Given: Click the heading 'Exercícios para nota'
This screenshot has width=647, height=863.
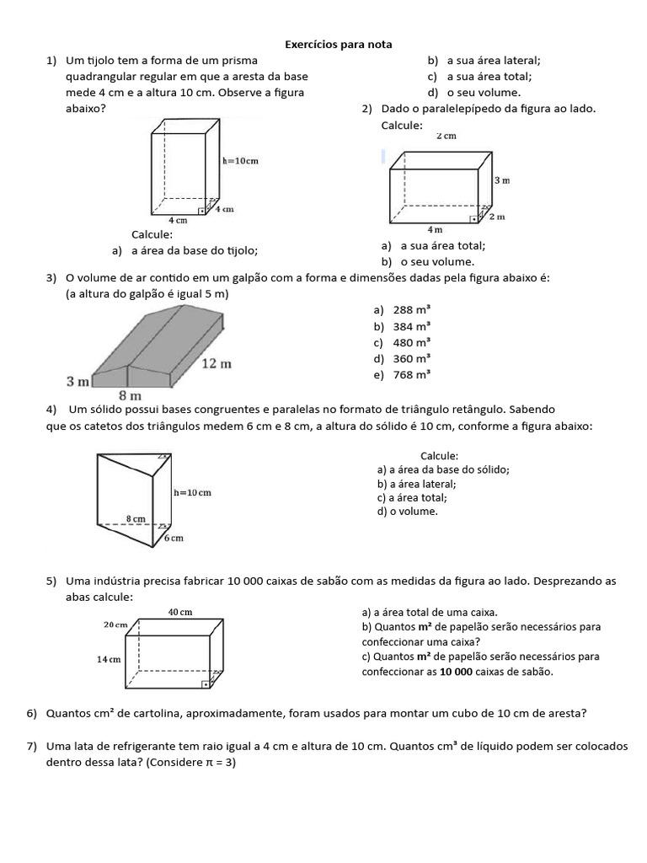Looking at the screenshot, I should click(x=338, y=44).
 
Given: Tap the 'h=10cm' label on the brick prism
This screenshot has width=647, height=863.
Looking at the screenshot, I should click(x=240, y=160).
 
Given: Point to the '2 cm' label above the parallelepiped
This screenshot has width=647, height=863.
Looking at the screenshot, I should click(x=446, y=136).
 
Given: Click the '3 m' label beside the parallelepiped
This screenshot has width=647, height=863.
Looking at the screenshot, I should click(x=502, y=180).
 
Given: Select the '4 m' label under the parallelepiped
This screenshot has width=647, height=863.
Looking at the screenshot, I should click(x=436, y=229).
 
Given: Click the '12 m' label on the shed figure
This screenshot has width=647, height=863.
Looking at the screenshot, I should click(x=217, y=363).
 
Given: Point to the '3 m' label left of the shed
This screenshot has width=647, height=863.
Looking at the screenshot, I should click(x=78, y=382).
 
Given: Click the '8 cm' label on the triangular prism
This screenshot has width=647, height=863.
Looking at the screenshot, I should click(x=136, y=519).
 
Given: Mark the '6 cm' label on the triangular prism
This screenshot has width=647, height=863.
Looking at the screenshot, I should click(x=174, y=538).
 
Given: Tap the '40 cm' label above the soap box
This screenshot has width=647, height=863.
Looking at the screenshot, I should click(x=180, y=612).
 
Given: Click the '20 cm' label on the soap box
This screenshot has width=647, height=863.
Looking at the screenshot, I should click(x=115, y=624).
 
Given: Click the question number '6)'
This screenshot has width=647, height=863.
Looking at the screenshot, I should click(x=32, y=713).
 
